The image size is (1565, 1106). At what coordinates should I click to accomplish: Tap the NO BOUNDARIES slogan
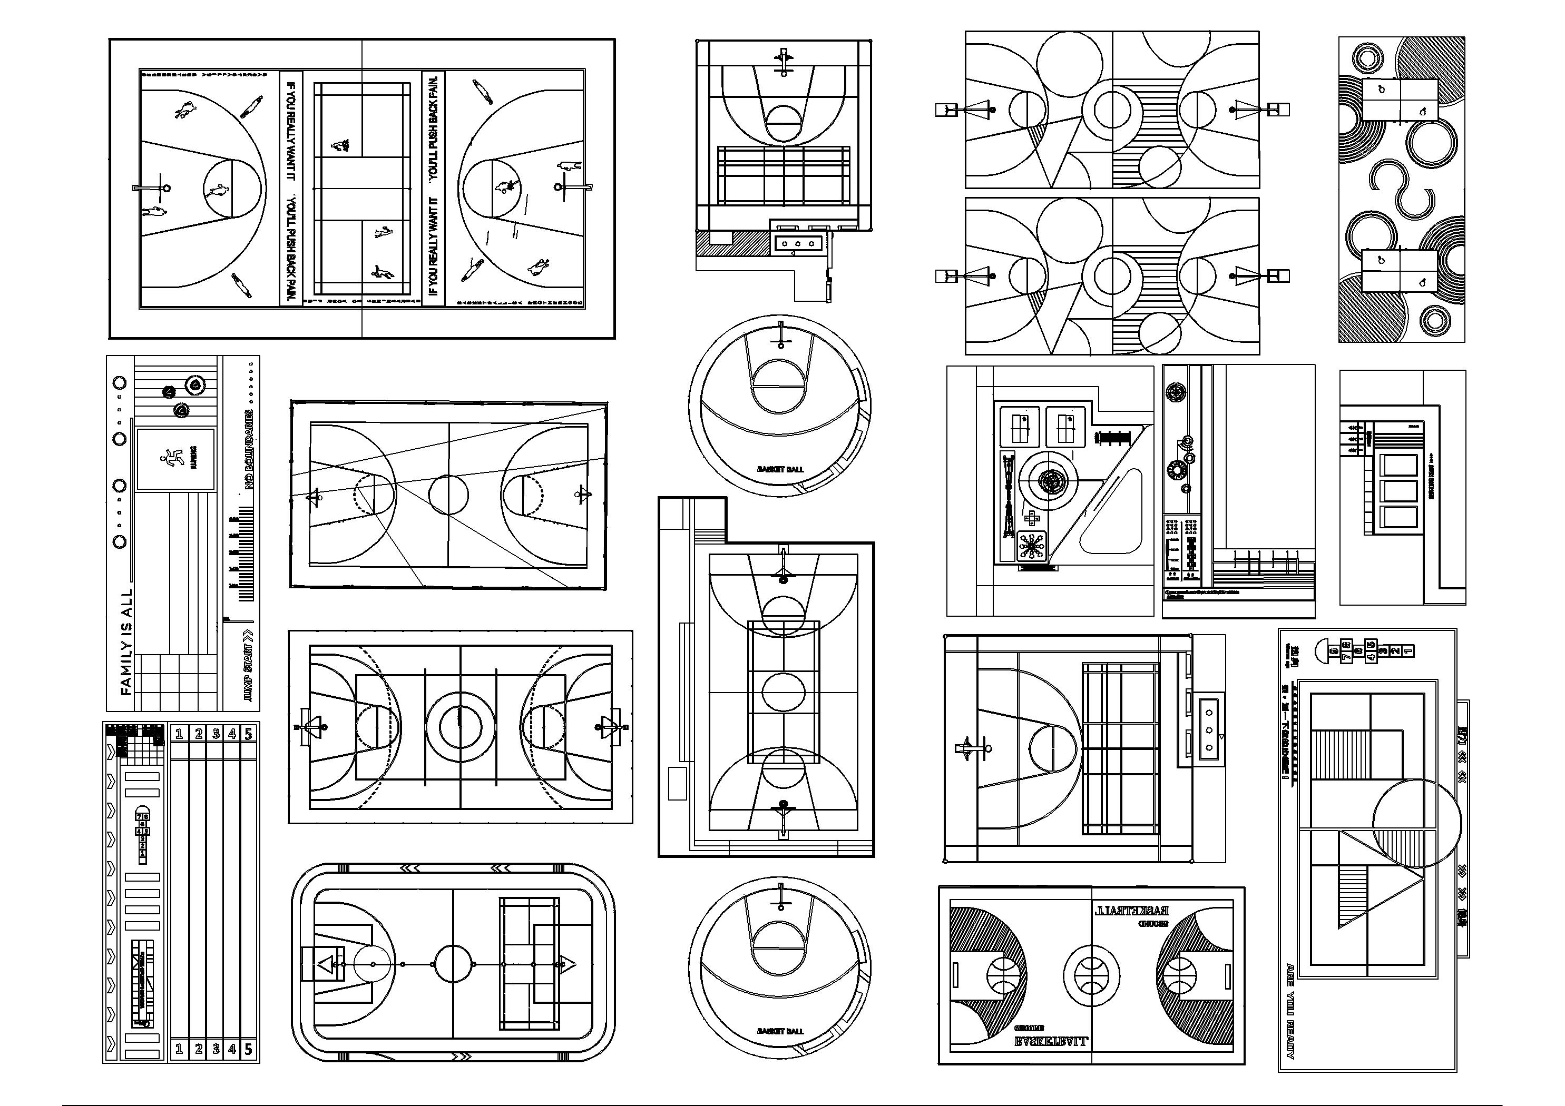coord(249,450)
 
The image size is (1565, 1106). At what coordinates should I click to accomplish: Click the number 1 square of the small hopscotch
coord(142,853)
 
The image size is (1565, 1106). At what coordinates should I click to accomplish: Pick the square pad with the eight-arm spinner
coord(1033,547)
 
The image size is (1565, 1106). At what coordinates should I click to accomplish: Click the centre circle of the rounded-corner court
coord(453,964)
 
